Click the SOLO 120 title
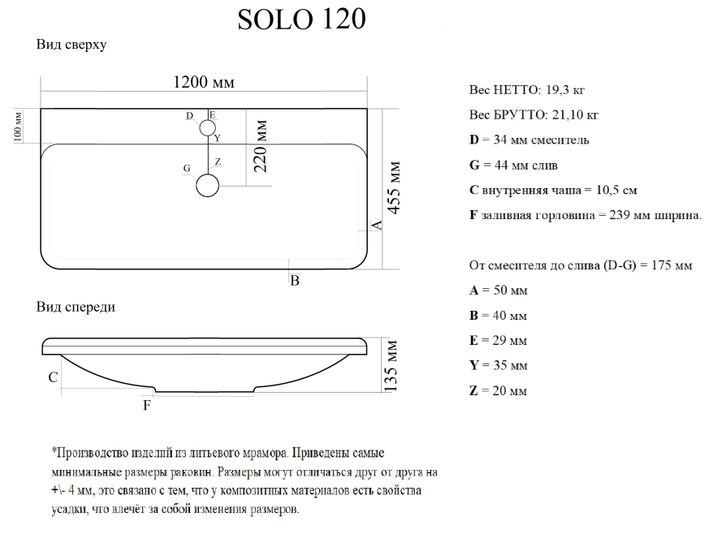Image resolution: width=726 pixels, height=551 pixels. tap(301, 19)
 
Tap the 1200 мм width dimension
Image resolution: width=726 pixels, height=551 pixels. tap(204, 82)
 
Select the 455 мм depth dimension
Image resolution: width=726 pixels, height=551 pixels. tap(393, 187)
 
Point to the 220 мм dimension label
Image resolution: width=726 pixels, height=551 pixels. tap(261, 146)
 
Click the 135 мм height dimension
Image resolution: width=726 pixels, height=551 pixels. tap(391, 366)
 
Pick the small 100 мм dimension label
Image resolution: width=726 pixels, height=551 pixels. tap(18, 127)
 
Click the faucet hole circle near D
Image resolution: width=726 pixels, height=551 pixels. tap(207, 128)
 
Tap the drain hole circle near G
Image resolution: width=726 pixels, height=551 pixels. tap(207, 186)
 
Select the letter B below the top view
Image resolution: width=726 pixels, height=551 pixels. tap(295, 281)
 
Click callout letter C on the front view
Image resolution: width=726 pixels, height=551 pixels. tap(54, 377)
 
